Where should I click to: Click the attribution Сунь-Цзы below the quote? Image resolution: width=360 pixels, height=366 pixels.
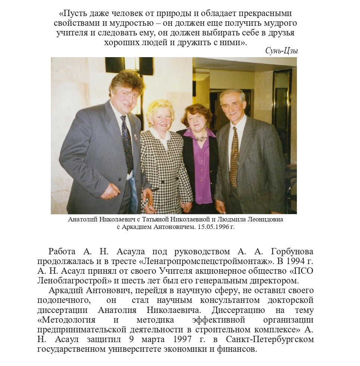281,51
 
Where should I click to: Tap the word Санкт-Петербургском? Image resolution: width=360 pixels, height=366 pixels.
270,339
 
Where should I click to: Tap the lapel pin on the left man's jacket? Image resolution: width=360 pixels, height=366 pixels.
135,137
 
